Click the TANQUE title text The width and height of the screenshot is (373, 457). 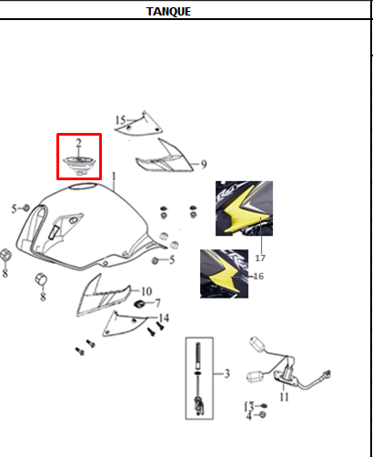168,12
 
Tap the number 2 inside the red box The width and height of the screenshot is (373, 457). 78,143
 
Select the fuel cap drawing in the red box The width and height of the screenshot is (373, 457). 79,166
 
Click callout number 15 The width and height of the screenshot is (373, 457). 120,120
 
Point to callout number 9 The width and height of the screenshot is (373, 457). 204,164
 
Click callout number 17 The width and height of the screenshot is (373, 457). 260,258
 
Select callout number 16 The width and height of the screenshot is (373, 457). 258,276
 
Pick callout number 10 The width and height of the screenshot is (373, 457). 146,291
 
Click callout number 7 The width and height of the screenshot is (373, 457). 157,302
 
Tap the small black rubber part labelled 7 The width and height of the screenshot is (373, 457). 139,304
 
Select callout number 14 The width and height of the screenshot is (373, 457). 164,318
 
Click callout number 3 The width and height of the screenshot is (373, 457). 227,373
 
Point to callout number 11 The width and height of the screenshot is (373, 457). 284,397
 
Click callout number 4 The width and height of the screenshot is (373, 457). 248,416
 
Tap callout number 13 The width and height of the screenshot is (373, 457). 249,406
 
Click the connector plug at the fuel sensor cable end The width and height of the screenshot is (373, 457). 327,373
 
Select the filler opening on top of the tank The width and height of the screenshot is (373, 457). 83,186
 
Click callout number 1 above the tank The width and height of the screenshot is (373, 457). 114,177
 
